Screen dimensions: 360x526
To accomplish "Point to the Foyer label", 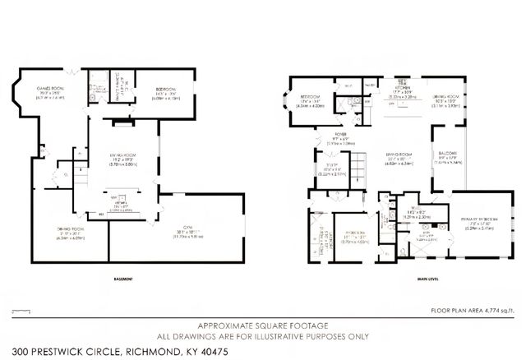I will pyautogui.click(x=338, y=136).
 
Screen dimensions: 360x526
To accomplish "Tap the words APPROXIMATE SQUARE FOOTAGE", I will pyautogui.click(x=262, y=325).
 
